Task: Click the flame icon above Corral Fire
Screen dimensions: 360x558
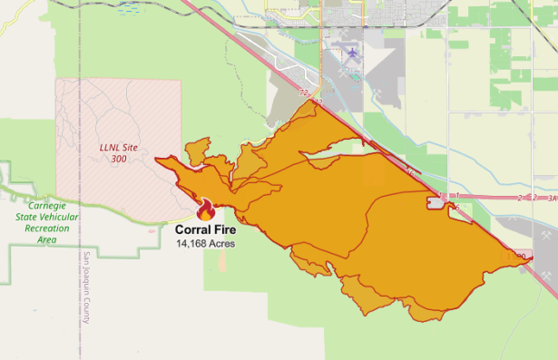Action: [206, 210]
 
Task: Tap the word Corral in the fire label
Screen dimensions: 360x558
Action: [192, 230]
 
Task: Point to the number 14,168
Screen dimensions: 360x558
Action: [191, 244]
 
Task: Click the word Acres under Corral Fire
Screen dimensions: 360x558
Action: [222, 244]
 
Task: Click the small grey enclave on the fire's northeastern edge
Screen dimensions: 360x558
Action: [436, 204]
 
